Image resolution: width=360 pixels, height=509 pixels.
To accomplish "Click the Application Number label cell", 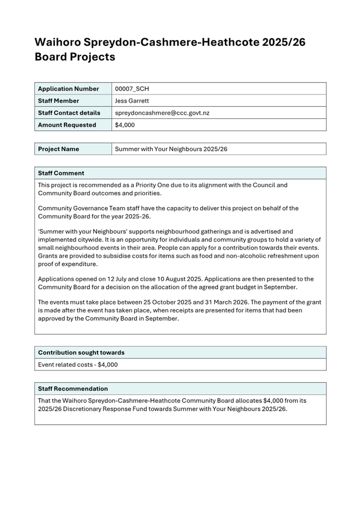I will tap(68, 89).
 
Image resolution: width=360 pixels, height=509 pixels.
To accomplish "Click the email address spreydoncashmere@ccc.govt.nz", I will tap(162, 113).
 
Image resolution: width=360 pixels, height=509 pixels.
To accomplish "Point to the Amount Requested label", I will tap(67, 125).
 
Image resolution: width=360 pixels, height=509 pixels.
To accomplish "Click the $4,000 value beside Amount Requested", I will tap(125, 125).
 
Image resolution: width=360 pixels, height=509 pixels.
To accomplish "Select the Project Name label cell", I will tap(59, 149).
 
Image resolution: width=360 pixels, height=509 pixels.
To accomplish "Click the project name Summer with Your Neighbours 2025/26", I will tap(171, 149).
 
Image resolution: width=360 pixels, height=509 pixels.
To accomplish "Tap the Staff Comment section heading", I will tap(61, 173).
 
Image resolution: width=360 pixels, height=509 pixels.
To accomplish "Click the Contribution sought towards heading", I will tap(81, 353).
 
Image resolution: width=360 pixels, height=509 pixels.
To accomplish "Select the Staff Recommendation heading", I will tap(73, 389).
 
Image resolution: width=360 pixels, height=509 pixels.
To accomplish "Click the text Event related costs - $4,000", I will tap(78, 365).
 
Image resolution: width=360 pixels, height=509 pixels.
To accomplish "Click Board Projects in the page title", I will tap(75, 57).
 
